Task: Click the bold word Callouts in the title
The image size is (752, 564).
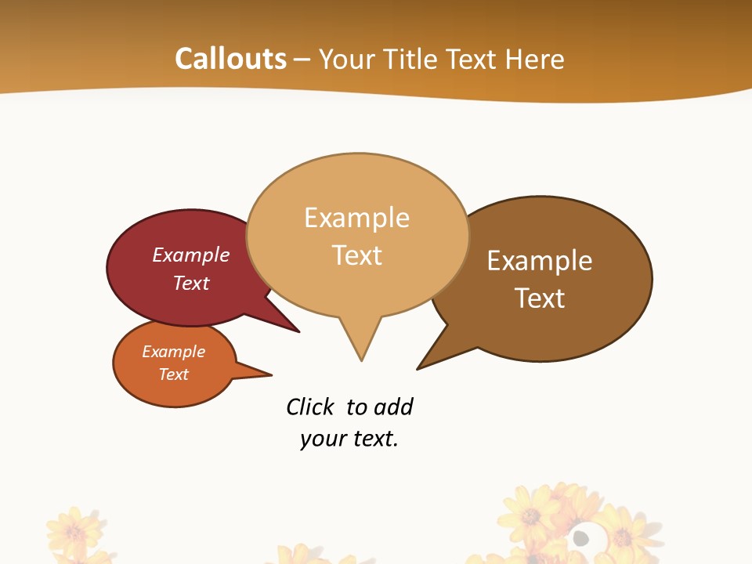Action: point(230,59)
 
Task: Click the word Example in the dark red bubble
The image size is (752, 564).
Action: point(191,255)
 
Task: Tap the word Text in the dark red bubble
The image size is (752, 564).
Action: point(191,283)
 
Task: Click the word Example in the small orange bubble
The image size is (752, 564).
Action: point(173,352)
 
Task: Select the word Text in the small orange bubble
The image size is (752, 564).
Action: point(173,374)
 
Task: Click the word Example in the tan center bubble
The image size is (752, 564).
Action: point(356,218)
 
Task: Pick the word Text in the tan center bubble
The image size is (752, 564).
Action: point(357,255)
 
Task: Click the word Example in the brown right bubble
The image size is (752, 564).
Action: point(540,260)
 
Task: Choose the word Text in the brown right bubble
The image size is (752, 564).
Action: point(540,298)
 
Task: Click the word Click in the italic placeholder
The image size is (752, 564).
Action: point(309,407)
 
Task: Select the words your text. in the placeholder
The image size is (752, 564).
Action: point(349,439)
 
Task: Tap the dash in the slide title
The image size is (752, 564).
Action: point(303,60)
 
